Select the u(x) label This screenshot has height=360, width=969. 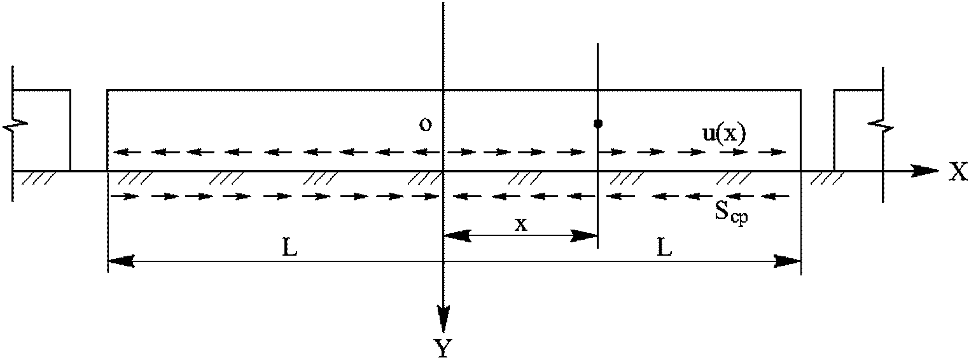tap(718, 134)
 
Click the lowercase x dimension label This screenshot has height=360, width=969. tap(521, 224)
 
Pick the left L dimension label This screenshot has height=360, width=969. tap(289, 249)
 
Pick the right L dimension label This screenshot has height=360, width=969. tap(664, 249)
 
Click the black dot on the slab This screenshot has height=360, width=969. tap(597, 123)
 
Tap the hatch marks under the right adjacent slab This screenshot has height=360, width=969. tap(822, 181)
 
